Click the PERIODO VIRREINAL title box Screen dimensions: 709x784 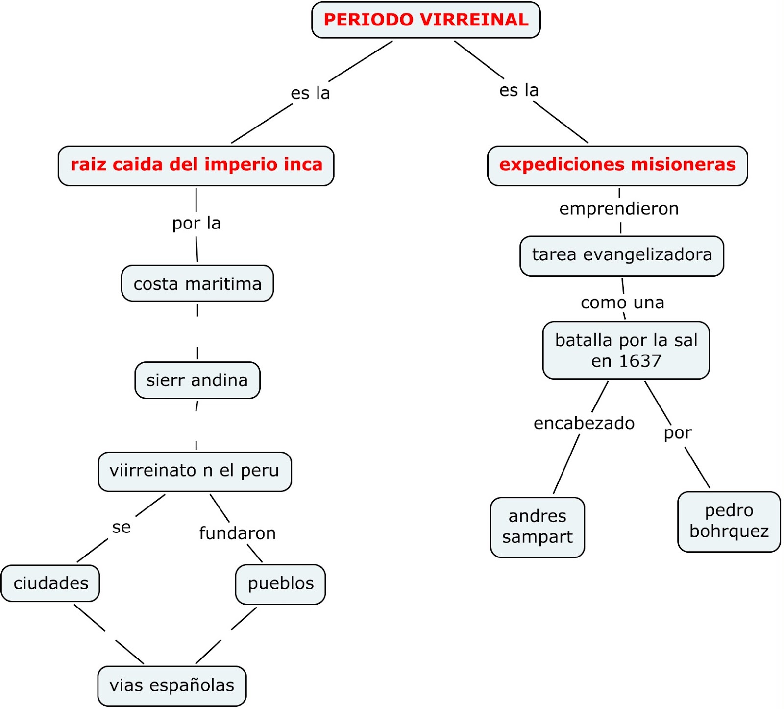(x=426, y=20)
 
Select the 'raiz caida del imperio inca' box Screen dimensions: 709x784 (x=196, y=165)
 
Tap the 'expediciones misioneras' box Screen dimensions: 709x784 (x=617, y=165)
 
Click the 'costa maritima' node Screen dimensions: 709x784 (x=197, y=283)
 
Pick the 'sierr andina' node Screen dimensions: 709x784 (x=197, y=380)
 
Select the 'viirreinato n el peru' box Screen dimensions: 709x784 (x=195, y=471)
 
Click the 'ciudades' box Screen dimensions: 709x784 (x=50, y=583)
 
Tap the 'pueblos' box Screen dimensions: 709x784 (x=280, y=583)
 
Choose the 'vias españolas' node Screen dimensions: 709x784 (x=171, y=685)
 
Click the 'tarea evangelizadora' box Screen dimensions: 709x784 (x=622, y=255)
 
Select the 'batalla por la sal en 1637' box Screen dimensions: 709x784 (x=626, y=350)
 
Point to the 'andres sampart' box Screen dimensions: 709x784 (x=538, y=527)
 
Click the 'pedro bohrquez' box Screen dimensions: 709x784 (x=729, y=521)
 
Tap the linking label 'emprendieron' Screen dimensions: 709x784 (x=619, y=209)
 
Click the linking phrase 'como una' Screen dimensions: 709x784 (x=622, y=303)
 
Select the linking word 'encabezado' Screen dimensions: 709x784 (x=584, y=423)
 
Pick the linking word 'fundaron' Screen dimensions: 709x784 (x=237, y=533)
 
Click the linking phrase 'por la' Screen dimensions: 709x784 (x=196, y=223)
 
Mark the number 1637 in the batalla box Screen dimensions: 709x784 (x=640, y=361)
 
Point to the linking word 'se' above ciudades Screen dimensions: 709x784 (x=122, y=527)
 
